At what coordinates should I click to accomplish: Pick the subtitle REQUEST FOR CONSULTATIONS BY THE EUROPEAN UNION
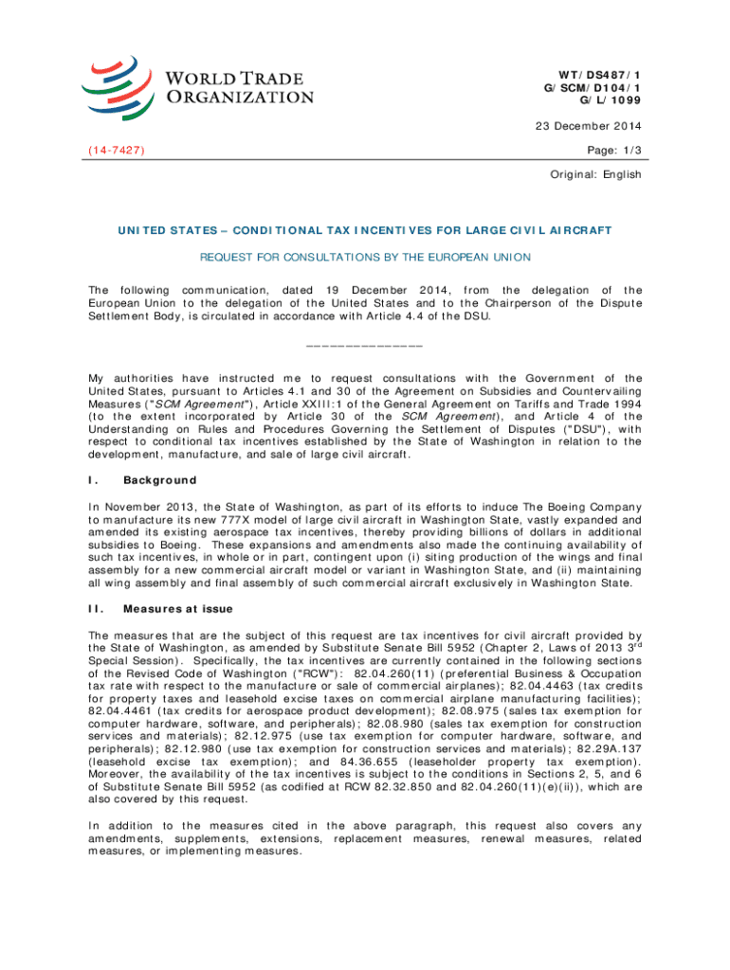tap(364, 257)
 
